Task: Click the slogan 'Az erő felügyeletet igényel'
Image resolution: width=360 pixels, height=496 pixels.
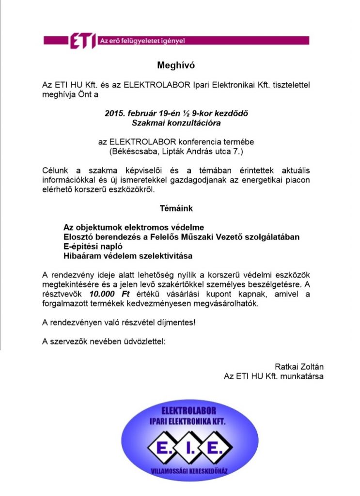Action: [136, 41]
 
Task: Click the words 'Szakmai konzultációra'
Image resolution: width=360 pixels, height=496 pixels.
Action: [176, 123]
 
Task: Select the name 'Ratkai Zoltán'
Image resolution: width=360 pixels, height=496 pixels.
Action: [299, 366]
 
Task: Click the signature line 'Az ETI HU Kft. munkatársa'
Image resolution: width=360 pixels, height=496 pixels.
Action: [273, 376]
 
